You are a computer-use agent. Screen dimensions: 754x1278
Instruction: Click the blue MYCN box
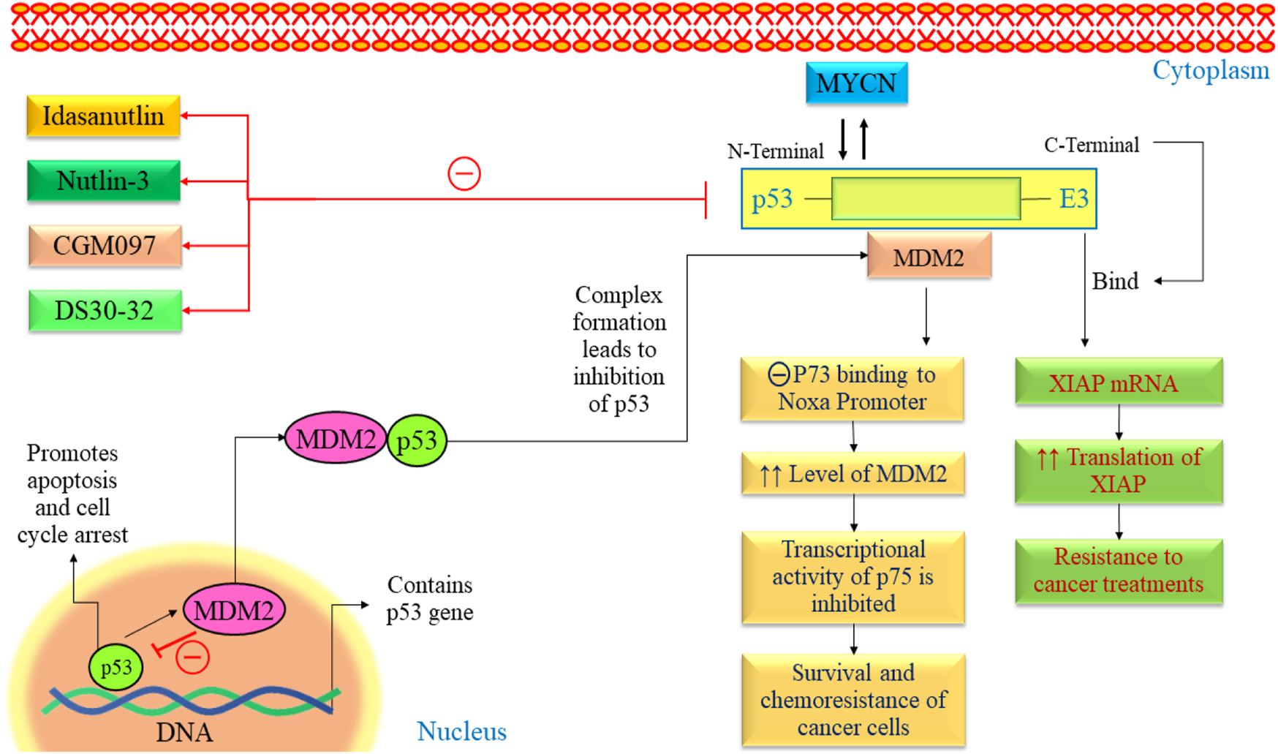click(x=856, y=83)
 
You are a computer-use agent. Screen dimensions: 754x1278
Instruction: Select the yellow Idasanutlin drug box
click(x=103, y=116)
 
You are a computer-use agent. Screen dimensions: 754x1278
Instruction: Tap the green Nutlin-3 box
click(x=103, y=181)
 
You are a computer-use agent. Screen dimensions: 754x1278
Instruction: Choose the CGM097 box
click(x=105, y=246)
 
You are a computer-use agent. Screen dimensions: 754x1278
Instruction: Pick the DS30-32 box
click(x=105, y=311)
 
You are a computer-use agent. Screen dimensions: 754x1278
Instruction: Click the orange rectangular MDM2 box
click(x=929, y=257)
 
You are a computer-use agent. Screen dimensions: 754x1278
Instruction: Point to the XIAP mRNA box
click(x=1118, y=382)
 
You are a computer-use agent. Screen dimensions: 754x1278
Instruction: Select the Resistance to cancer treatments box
click(x=1118, y=570)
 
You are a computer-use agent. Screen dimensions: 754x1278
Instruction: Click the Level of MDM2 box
click(x=852, y=474)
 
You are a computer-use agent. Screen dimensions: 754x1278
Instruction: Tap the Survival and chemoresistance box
click(x=852, y=699)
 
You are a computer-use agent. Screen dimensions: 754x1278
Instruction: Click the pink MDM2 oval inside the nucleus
click(x=233, y=610)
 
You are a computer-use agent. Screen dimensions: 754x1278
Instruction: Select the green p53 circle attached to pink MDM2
click(x=417, y=440)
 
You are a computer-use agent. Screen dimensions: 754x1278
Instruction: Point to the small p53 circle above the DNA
click(x=116, y=667)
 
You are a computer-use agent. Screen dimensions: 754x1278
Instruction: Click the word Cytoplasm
click(x=1211, y=71)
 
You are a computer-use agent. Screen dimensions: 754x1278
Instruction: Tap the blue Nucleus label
click(x=461, y=731)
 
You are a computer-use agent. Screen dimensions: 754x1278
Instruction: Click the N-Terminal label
click(x=775, y=151)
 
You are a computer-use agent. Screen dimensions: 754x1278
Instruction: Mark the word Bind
click(x=1115, y=282)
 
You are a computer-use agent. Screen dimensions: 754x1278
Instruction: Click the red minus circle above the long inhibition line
click(x=464, y=174)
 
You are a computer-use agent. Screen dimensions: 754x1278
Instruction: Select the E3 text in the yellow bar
click(x=1073, y=199)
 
